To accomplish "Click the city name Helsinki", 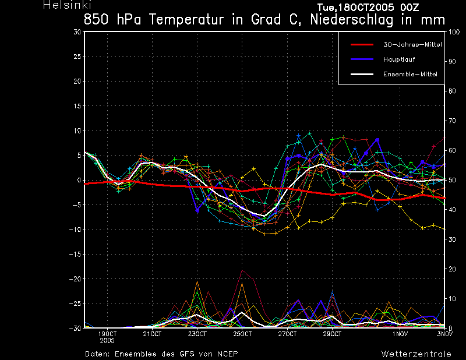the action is (67, 5).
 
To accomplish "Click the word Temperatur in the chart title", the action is (186, 20).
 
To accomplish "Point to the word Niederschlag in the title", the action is (352, 20).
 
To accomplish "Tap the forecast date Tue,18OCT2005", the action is (356, 8).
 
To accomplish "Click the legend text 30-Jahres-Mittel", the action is (412, 45).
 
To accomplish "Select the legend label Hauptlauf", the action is (399, 59).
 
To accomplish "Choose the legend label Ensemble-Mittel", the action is (410, 75).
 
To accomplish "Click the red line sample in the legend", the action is (362, 45).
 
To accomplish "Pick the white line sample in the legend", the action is (362, 75).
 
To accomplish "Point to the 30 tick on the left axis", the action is (77, 32).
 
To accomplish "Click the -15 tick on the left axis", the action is (75, 255).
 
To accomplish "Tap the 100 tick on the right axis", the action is (454, 32).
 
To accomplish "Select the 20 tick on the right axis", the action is (452, 269).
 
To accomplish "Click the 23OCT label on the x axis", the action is (197, 334).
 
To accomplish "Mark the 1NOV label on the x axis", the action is (400, 334).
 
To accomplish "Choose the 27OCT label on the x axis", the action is (287, 334).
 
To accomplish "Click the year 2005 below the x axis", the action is (107, 341).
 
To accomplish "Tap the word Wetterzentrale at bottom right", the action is (416, 354).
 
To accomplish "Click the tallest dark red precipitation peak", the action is (242, 270).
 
